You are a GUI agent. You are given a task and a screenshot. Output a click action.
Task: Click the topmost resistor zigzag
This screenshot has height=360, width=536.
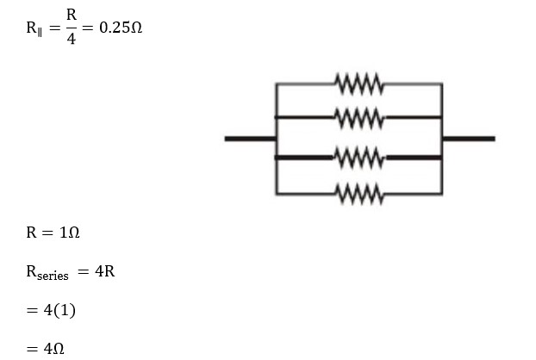pos(359,84)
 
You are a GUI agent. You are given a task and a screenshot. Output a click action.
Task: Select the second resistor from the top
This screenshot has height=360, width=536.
pos(359,115)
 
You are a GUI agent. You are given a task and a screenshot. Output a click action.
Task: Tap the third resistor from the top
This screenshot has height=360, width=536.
pos(359,158)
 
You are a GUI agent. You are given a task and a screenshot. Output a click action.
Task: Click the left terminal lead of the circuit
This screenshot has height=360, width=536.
pos(249,138)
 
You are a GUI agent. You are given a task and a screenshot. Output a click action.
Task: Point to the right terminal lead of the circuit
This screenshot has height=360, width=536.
pos(469,138)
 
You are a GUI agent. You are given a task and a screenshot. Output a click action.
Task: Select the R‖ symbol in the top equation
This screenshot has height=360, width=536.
pos(35,28)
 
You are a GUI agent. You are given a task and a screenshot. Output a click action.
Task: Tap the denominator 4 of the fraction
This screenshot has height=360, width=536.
pos(71,40)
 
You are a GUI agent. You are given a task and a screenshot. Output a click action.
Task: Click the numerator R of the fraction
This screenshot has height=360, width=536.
pos(71,15)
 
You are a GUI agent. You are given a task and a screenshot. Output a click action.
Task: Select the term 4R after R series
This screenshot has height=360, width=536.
pos(104,272)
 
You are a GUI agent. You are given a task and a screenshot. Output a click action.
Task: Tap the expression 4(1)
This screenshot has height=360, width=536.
pos(59,310)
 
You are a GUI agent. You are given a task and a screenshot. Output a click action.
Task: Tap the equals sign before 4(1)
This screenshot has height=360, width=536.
pos(32,310)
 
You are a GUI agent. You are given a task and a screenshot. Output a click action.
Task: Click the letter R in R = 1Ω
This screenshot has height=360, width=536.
pos(31,233)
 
